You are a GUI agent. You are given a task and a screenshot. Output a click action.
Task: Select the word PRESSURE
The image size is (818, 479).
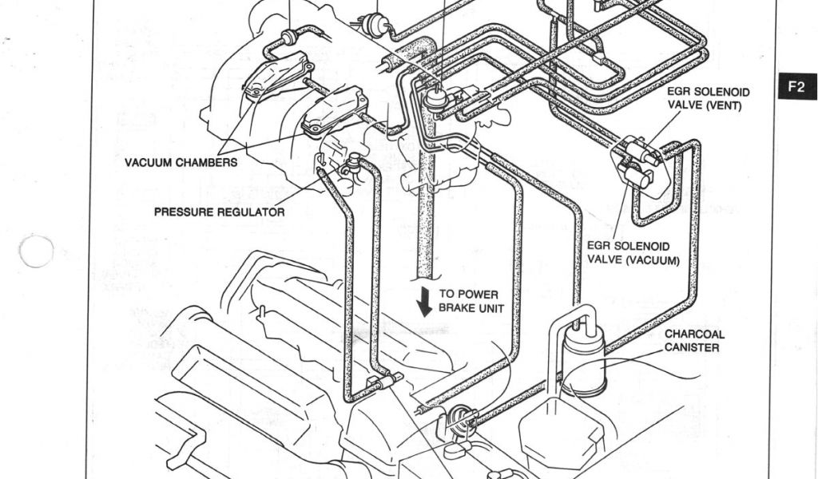tap(183, 212)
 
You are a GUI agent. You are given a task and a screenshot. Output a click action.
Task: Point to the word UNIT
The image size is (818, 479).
tap(490, 308)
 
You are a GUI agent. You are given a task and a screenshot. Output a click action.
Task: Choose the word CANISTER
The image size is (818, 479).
tap(692, 347)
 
